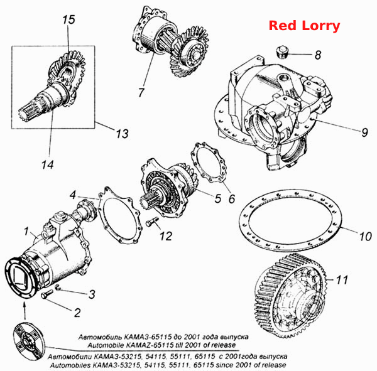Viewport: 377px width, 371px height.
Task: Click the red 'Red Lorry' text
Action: [304, 26]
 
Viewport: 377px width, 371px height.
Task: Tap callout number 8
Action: [318, 55]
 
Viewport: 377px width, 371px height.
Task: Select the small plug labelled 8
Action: [281, 52]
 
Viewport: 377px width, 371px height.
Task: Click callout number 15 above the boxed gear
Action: [68, 19]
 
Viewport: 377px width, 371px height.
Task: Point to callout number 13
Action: [123, 134]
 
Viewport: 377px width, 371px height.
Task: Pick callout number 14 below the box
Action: [48, 165]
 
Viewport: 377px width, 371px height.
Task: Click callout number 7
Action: [141, 92]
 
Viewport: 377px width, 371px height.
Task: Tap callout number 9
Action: [364, 132]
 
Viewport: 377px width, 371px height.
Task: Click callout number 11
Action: [342, 280]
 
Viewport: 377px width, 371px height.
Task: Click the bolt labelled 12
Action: [152, 222]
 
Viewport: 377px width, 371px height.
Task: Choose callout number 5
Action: [217, 198]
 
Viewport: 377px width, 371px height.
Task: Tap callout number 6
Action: [232, 199]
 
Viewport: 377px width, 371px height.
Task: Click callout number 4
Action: [73, 195]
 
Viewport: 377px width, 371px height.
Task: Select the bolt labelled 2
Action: [47, 294]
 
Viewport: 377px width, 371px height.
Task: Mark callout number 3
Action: [92, 294]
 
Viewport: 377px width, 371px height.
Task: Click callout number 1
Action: [26, 232]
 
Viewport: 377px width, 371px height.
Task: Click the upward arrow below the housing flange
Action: [25, 311]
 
